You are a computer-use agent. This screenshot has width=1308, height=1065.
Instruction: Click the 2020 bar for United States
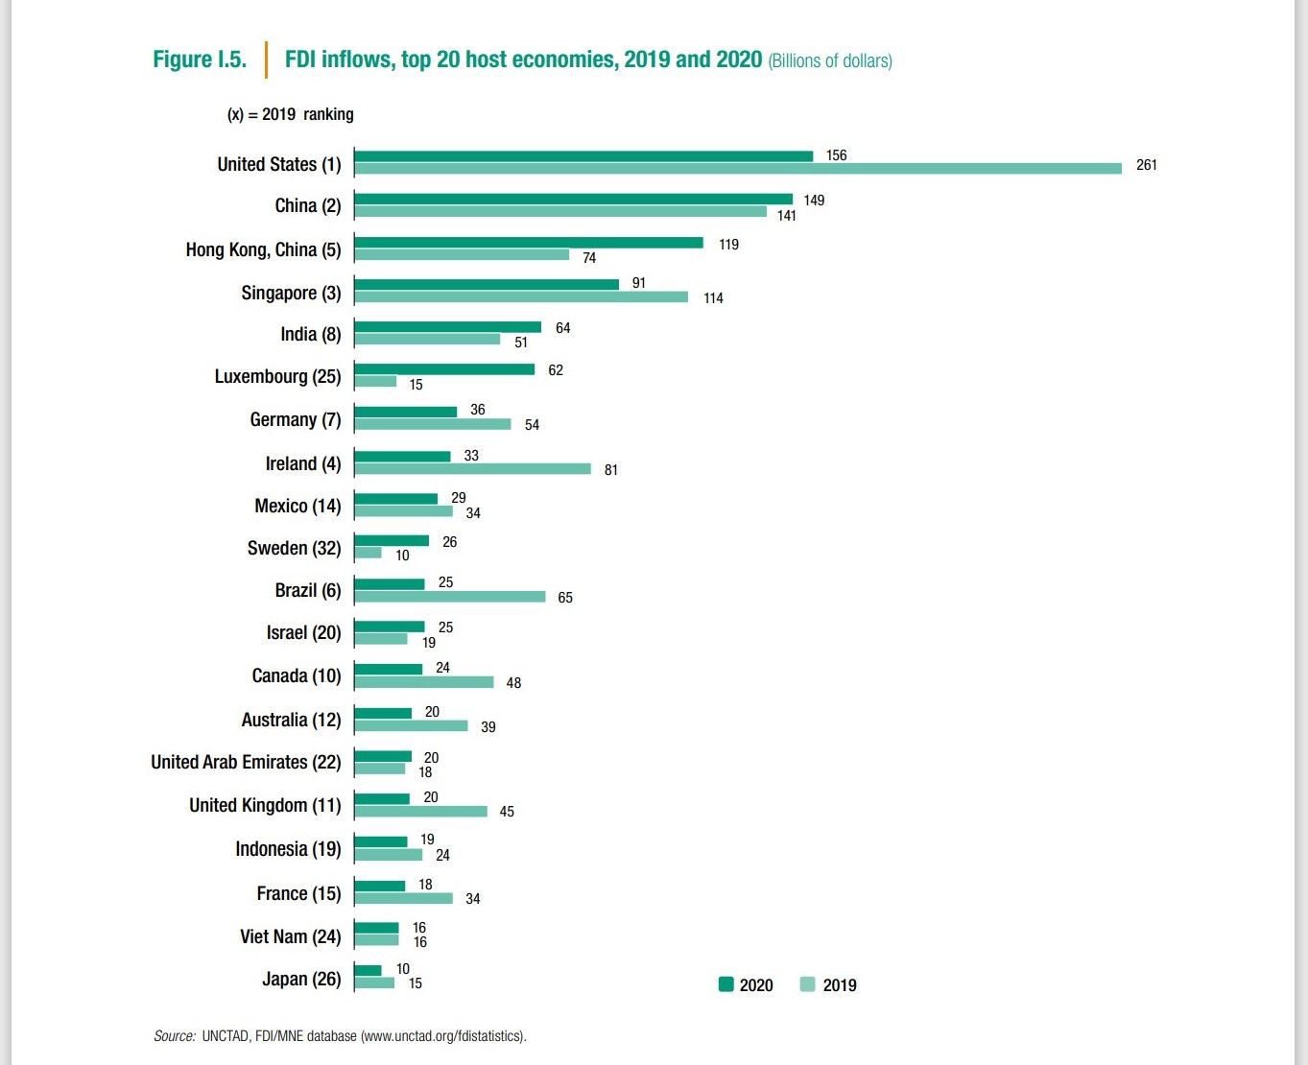583,156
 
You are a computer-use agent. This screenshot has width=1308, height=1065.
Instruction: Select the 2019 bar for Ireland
472,468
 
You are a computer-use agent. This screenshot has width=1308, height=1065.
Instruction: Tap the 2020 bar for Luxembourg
444,369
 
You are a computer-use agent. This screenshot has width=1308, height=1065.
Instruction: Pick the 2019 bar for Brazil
450,597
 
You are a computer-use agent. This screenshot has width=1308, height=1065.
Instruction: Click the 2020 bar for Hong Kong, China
529,243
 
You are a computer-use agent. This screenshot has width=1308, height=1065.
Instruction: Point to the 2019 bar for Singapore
521,296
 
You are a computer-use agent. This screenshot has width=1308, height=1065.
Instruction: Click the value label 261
1146,165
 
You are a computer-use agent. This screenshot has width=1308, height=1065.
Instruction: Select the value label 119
728,245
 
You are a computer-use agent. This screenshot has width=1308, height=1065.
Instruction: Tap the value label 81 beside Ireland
610,470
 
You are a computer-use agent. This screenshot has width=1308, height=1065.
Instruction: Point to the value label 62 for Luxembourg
555,370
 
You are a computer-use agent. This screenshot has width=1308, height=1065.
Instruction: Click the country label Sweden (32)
294,548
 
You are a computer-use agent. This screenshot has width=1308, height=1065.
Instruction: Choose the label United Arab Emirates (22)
246,762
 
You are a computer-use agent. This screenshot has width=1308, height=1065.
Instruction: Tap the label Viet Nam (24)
290,936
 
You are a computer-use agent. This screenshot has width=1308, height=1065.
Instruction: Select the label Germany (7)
295,419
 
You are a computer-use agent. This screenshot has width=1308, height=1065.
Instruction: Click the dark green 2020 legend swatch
726,984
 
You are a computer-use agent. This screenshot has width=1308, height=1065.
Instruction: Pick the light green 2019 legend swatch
807,984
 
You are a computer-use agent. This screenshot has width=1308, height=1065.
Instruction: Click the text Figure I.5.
200,59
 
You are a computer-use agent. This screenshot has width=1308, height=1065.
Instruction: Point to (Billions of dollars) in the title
830,61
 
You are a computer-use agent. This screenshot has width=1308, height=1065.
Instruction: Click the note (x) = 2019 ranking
290,114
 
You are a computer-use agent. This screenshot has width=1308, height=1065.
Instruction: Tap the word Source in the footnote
175,1036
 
